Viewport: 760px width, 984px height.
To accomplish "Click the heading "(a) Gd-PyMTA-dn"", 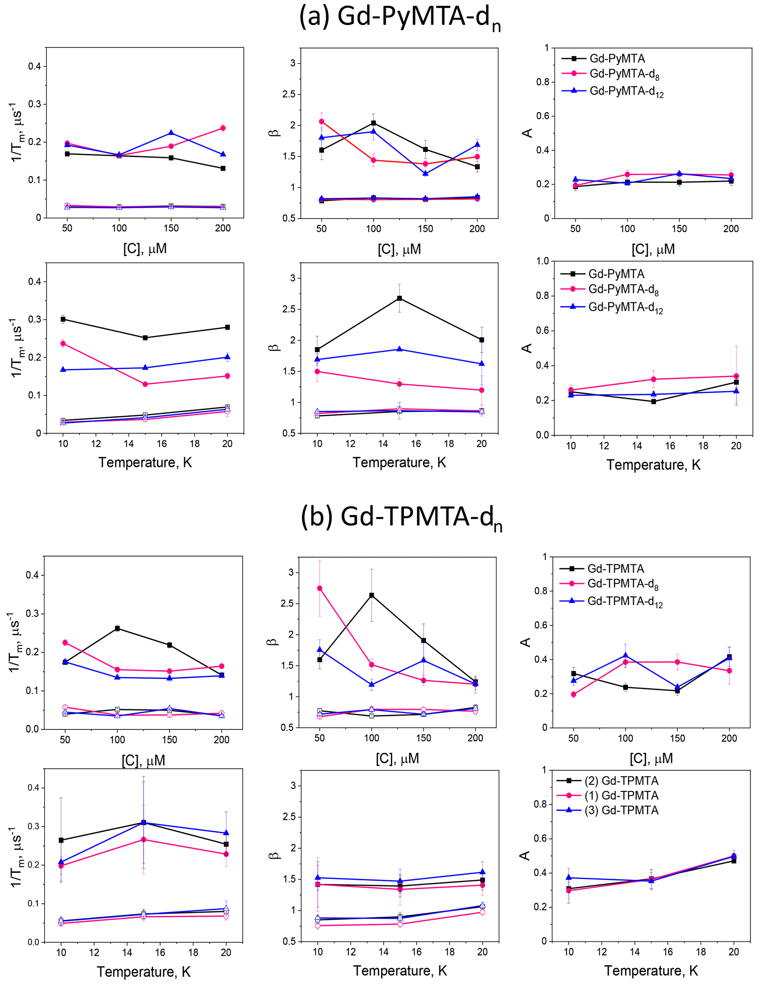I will click(x=400, y=18).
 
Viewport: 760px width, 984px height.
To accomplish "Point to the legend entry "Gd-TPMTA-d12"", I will click(x=624, y=602).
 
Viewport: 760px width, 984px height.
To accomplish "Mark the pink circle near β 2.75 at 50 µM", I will click(x=320, y=588).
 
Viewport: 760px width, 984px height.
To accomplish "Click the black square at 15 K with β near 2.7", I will click(x=400, y=298).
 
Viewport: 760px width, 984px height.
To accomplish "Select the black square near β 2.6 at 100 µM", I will click(x=372, y=595).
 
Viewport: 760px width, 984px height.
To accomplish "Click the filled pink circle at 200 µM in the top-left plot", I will click(x=222, y=128).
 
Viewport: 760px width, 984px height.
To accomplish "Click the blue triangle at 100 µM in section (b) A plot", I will click(x=625, y=656).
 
